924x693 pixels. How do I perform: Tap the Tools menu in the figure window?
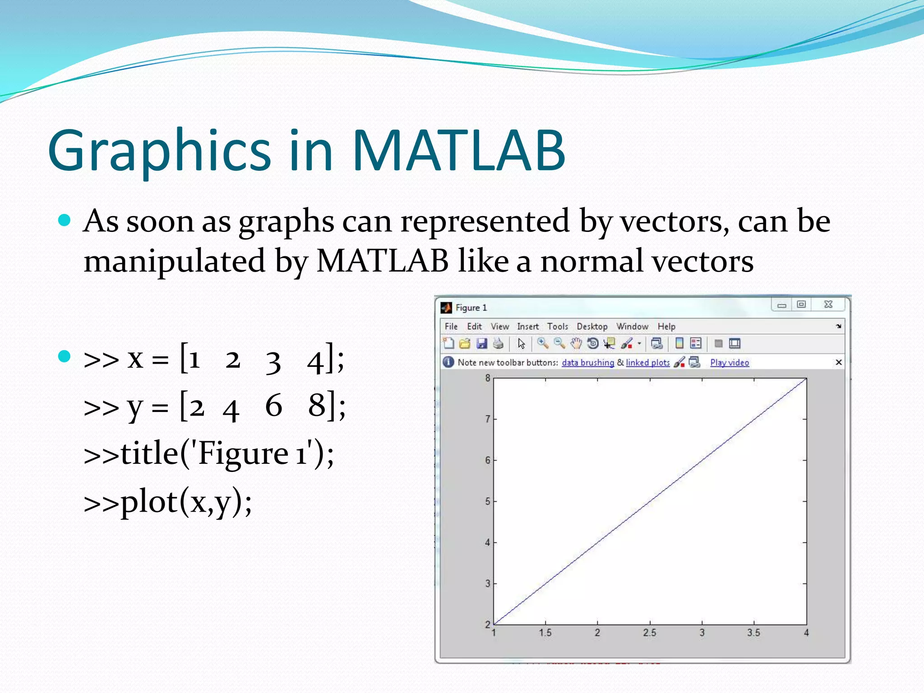click(x=558, y=326)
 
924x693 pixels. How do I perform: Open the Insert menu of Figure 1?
click(x=527, y=326)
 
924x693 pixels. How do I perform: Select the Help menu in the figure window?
click(x=666, y=326)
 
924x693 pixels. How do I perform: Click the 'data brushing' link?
click(x=587, y=362)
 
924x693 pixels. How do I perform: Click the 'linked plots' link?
click(x=647, y=362)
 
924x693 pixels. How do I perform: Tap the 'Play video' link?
click(x=729, y=362)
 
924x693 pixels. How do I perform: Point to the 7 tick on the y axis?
click(x=488, y=419)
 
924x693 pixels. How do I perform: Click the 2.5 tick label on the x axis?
click(x=649, y=633)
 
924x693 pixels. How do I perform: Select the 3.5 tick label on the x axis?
click(x=753, y=633)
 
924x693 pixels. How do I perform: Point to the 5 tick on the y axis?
click(x=488, y=501)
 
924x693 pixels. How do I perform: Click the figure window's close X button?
click(x=828, y=305)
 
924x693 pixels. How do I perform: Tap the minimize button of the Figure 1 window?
click(x=782, y=305)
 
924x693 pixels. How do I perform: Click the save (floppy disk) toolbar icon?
click(x=482, y=344)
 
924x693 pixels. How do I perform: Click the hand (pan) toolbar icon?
click(x=576, y=344)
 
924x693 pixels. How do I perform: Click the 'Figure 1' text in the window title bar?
click(x=471, y=308)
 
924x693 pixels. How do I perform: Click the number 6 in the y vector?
click(x=273, y=405)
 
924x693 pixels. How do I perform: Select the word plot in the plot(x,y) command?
click(x=149, y=502)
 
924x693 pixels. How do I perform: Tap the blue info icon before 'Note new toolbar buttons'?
click(x=448, y=362)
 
